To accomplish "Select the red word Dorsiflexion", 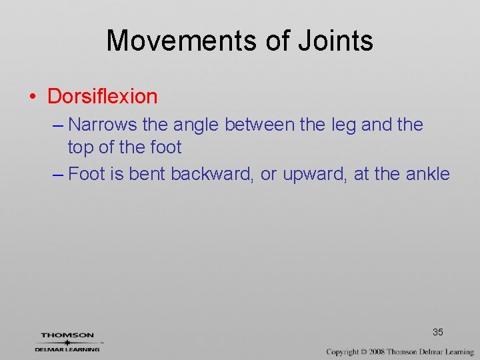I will (x=102, y=96).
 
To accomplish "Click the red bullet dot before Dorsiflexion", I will (x=32, y=97).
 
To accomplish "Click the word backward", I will (x=213, y=174).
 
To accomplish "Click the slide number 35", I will (x=438, y=332).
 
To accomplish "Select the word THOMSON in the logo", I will (x=67, y=335).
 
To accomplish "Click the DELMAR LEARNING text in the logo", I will (x=67, y=349).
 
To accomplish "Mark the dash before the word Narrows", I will (x=57, y=125).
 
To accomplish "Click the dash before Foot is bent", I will (x=57, y=175).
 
